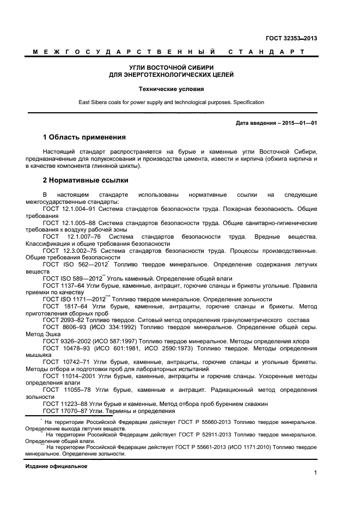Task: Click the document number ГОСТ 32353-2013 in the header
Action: point(291,38)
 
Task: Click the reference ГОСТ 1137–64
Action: point(63,285)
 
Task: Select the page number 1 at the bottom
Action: point(315,473)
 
